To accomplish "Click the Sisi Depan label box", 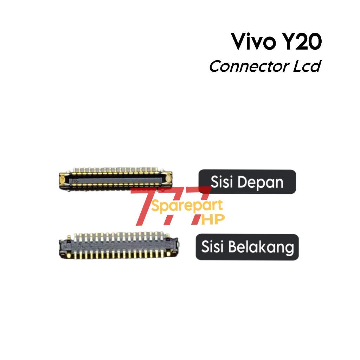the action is tap(247, 182).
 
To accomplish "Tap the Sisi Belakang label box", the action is tap(247, 247).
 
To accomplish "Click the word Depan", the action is tap(260, 182).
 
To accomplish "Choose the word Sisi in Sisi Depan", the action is tap(222, 182).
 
